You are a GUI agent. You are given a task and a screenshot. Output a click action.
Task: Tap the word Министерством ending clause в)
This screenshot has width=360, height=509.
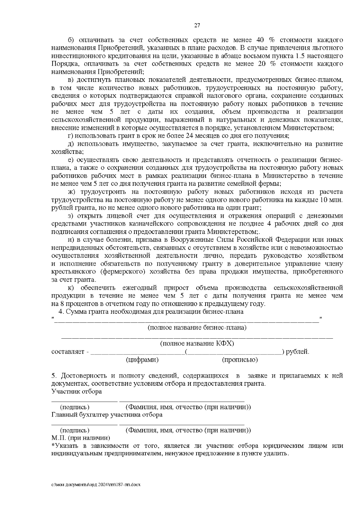point(308,128)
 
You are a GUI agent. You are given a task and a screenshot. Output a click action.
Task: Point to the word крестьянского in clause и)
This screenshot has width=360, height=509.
point(71,272)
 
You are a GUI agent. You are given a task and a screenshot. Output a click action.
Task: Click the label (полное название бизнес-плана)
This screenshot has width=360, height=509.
point(197,328)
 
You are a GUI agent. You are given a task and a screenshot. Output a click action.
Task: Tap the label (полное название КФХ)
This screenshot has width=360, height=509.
point(197,344)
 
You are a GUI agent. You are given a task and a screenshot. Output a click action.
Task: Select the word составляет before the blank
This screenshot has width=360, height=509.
point(68,352)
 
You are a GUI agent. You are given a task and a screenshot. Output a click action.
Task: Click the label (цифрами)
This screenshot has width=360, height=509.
point(142,360)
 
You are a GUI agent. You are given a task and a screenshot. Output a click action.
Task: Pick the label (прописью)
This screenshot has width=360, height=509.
point(240,360)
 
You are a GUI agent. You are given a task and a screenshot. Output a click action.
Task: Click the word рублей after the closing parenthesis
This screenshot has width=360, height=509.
point(297,352)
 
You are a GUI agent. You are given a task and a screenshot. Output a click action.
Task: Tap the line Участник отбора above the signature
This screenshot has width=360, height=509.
point(76,391)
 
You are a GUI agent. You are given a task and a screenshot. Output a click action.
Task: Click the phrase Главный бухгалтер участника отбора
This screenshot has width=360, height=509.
point(107,415)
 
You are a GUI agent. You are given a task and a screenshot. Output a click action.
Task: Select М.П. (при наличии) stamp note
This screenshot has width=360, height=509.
point(81,438)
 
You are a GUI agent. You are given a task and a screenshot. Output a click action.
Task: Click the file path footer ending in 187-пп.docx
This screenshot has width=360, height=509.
point(96,485)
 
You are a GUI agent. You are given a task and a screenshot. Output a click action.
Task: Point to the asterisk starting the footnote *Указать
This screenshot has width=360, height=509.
point(53,446)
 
